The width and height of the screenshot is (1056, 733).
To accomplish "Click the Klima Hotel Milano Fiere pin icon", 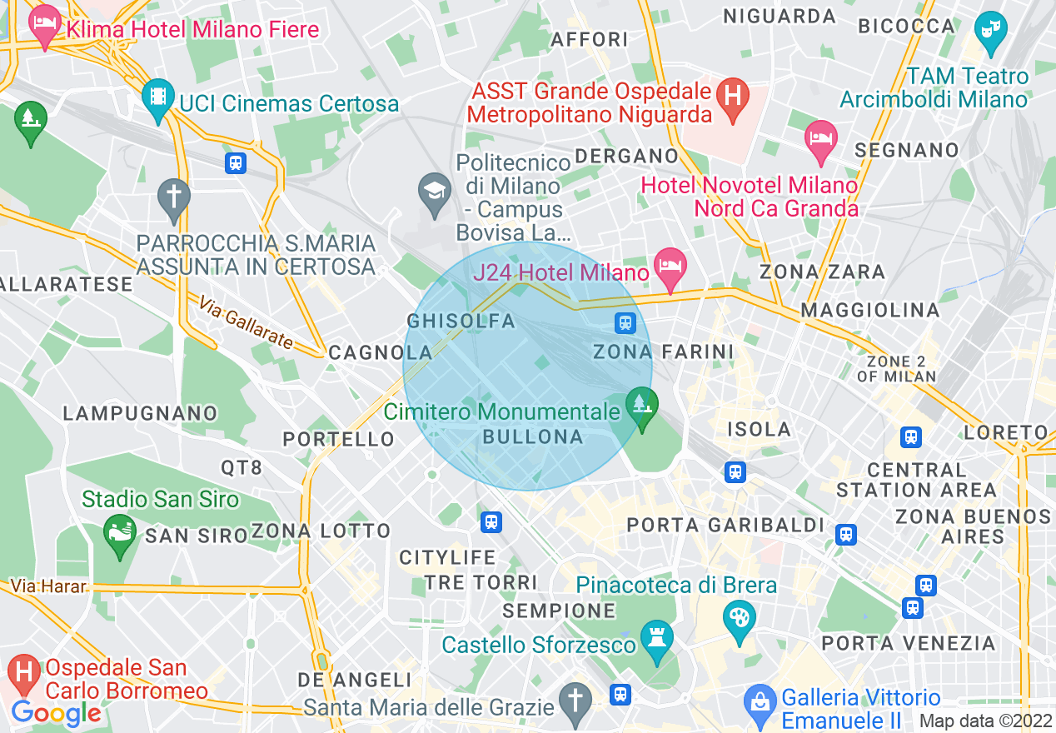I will click(43, 27).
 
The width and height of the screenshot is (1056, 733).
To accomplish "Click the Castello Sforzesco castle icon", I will click(657, 643).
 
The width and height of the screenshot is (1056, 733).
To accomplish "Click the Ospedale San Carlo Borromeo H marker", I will click(23, 673).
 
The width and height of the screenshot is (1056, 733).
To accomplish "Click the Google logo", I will click(56, 713).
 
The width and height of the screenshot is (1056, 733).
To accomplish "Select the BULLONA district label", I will click(532, 436).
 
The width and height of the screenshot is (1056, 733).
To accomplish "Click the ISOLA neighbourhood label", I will click(759, 430).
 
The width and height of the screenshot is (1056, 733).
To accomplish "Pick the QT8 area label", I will click(242, 468).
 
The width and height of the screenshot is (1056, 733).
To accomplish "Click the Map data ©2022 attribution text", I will click(984, 721).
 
